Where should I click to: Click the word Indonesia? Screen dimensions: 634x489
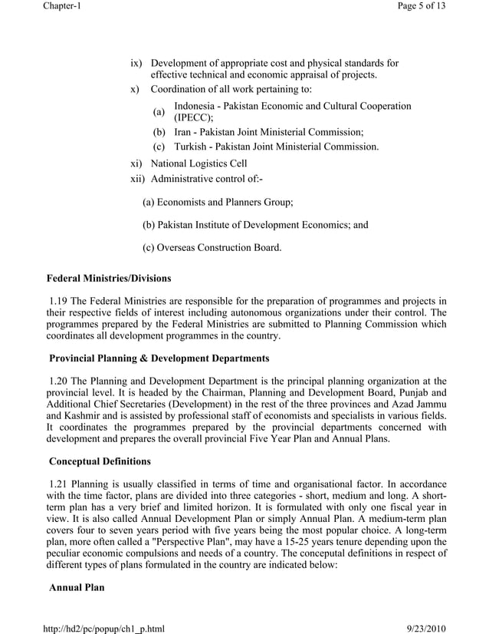(198, 106)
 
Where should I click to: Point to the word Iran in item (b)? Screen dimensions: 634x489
(185, 132)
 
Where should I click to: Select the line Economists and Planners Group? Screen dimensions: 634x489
(218, 203)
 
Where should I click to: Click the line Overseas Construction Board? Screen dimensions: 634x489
(212, 247)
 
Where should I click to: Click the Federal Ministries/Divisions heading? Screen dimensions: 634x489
(109, 278)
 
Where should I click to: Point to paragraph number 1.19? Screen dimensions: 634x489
(61, 300)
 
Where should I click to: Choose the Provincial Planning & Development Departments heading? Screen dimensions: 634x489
(159, 358)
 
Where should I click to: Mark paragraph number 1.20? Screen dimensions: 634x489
(61, 381)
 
